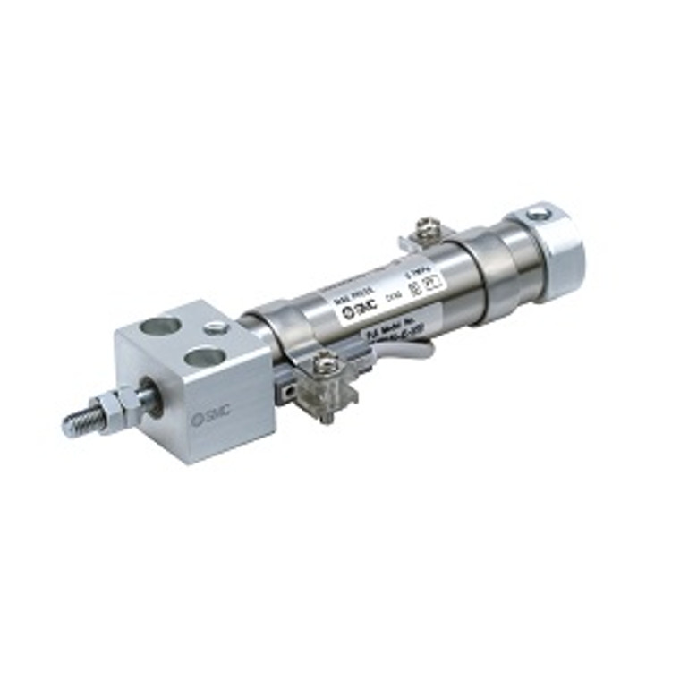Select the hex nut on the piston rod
click(112, 409)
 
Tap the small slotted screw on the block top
click(216, 328)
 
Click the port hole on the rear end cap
click(540, 214)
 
